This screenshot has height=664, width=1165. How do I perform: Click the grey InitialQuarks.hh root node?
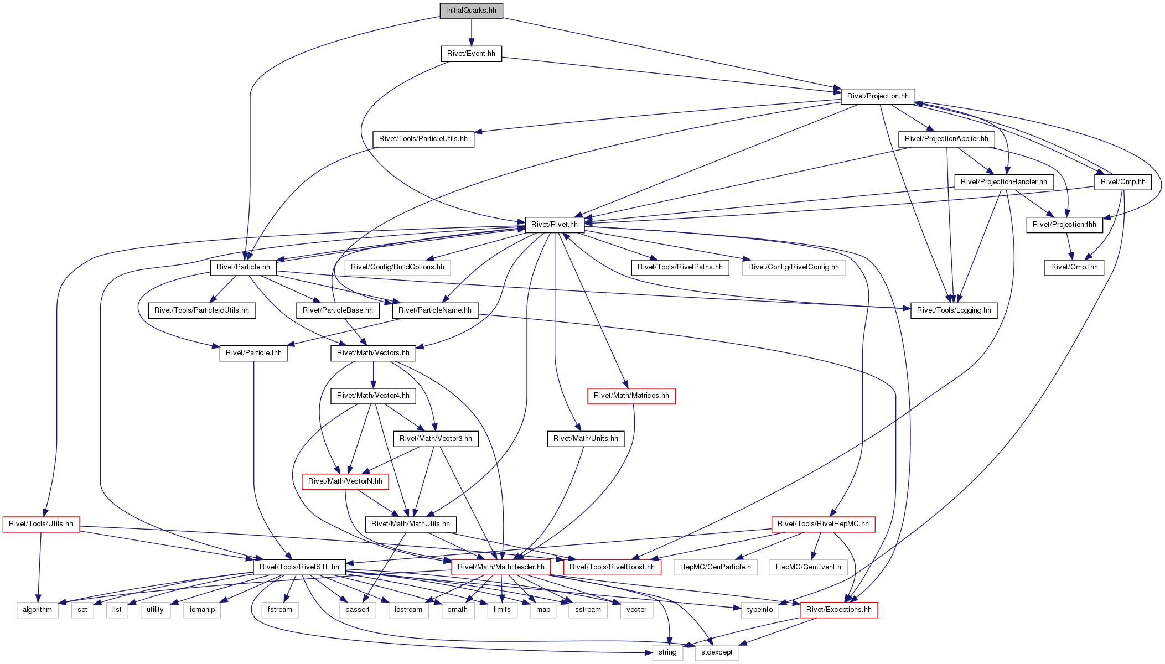pyautogui.click(x=471, y=11)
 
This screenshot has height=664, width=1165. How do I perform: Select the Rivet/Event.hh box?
pyautogui.click(x=471, y=54)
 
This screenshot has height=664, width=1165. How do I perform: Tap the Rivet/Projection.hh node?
pyautogui.click(x=878, y=96)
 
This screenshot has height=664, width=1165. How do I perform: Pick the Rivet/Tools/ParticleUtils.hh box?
pyautogui.click(x=423, y=139)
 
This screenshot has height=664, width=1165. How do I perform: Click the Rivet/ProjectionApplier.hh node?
pyautogui.click(x=946, y=139)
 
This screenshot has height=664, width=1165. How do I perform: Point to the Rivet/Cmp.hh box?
pyautogui.click(x=1123, y=182)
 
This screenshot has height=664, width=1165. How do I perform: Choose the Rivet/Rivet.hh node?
pyautogui.click(x=555, y=225)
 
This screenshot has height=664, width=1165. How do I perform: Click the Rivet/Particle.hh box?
pyautogui.click(x=243, y=267)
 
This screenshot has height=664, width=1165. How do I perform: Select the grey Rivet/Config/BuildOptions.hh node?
pyautogui.click(x=397, y=267)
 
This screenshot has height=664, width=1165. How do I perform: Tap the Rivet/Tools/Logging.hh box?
pyautogui.click(x=954, y=310)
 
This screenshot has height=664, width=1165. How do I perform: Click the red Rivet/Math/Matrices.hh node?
pyautogui.click(x=631, y=396)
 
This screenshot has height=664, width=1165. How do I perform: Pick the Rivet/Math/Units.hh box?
pyautogui.click(x=586, y=439)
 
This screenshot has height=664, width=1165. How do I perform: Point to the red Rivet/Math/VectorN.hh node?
pyautogui.click(x=345, y=481)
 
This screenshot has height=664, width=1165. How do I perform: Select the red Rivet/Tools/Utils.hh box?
pyautogui.click(x=41, y=524)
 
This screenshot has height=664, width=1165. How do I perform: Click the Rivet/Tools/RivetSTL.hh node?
pyautogui.click(x=299, y=567)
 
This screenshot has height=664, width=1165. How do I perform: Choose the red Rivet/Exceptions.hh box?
pyautogui.click(x=839, y=610)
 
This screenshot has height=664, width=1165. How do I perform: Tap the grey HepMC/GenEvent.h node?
pyautogui.click(x=809, y=567)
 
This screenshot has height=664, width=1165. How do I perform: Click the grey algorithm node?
pyautogui.click(x=38, y=610)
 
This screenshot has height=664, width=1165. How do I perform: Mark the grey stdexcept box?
pyautogui.click(x=717, y=652)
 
